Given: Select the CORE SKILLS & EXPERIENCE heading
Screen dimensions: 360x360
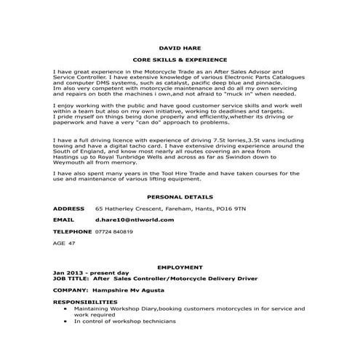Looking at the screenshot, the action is (180, 60).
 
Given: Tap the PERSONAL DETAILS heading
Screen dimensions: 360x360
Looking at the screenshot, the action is (180, 196).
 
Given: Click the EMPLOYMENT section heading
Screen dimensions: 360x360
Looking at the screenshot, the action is (180, 268).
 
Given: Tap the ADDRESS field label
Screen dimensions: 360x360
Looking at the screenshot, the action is (69, 208).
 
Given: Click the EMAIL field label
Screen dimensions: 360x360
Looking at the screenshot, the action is (64, 219).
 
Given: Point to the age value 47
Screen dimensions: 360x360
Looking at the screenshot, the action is (71, 244).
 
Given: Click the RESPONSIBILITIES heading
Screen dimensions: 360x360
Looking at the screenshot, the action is (85, 301).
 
